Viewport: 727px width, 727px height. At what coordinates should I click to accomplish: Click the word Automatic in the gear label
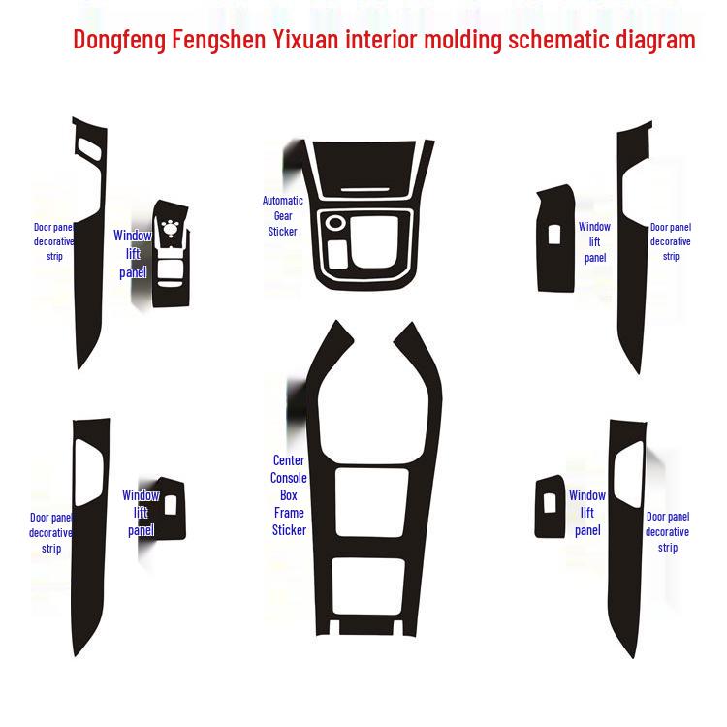pyautogui.click(x=282, y=201)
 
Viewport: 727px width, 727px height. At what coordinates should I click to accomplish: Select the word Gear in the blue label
pyautogui.click(x=282, y=216)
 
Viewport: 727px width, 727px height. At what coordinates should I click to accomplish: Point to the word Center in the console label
pyautogui.click(x=288, y=460)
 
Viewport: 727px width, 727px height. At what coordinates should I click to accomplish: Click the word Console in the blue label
pyautogui.click(x=288, y=478)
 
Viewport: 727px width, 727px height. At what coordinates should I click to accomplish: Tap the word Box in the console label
pyautogui.click(x=288, y=495)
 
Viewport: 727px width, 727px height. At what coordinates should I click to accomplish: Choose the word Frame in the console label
pyautogui.click(x=288, y=513)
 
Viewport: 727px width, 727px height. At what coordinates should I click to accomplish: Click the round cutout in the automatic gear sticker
pyautogui.click(x=334, y=223)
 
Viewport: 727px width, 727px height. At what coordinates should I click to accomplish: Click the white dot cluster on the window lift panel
pyautogui.click(x=173, y=229)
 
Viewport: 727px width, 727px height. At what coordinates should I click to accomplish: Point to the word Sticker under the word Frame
pyautogui.click(x=288, y=530)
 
